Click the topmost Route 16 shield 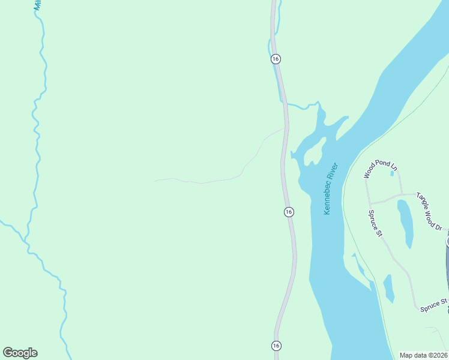coord(276,59)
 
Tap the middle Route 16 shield coord(289,212)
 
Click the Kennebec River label coord(331,189)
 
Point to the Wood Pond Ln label coord(381,169)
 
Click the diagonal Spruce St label coord(376,223)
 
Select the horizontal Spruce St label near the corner coord(434,304)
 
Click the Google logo coord(20,353)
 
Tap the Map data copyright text coord(424,355)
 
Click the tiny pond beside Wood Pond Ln coord(392,173)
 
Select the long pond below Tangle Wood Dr coord(406,222)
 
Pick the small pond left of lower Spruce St coord(388,287)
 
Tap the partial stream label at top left coord(37,5)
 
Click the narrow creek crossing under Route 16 coord(294,106)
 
